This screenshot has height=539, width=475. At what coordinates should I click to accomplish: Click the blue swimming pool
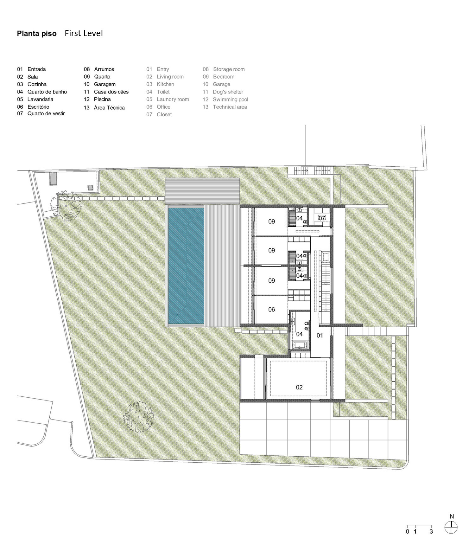[x=186, y=266]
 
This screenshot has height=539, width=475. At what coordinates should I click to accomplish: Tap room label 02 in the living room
[x=299, y=387]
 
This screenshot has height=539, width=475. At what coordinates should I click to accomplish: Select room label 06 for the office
[x=272, y=310]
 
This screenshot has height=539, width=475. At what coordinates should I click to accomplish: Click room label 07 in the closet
[x=322, y=218]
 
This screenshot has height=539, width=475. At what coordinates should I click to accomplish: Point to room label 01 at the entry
[x=320, y=335]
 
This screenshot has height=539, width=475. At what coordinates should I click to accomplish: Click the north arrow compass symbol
[x=451, y=527]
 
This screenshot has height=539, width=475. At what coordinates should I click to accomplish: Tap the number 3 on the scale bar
[x=431, y=531]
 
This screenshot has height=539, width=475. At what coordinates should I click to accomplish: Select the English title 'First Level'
[x=84, y=33]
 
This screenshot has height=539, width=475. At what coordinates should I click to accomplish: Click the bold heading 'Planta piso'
[x=37, y=34]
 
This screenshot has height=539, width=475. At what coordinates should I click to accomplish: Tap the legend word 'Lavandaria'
[x=40, y=99]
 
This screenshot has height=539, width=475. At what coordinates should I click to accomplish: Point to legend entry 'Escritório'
[x=38, y=107]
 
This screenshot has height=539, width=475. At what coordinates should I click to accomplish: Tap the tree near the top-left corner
[x=67, y=206]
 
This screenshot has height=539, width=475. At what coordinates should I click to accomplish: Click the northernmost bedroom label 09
[x=272, y=221]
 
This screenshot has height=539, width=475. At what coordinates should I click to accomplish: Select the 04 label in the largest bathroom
[x=299, y=334]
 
